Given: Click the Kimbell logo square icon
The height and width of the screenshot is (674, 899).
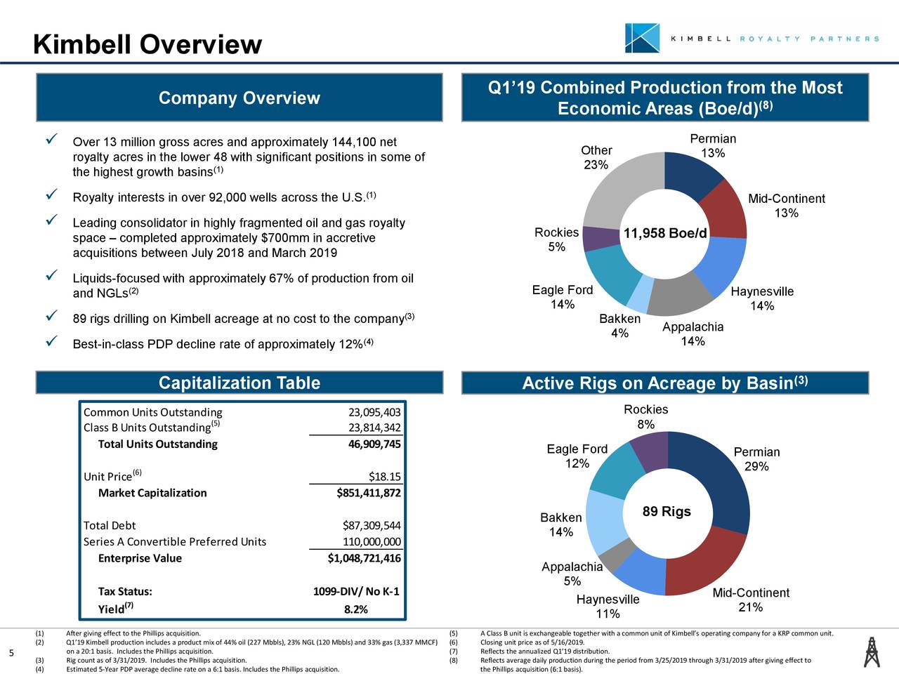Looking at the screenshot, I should [x=642, y=38].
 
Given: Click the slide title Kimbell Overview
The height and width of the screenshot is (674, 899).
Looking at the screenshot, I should [x=147, y=45].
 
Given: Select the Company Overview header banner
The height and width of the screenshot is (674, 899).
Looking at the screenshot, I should [x=239, y=98].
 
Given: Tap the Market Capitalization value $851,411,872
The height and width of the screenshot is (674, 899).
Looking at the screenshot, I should [x=369, y=493].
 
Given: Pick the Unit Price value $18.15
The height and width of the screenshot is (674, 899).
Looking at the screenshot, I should [x=384, y=477].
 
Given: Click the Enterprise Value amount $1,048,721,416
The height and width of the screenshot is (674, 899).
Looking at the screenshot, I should [x=364, y=559].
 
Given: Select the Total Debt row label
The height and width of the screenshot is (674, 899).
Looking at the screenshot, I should [x=110, y=526].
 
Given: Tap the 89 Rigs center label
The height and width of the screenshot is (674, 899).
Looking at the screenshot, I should [x=667, y=511].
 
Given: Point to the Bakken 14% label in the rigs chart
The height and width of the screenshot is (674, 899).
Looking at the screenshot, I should [x=560, y=525].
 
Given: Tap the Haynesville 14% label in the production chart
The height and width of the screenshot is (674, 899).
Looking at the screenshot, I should [x=762, y=299].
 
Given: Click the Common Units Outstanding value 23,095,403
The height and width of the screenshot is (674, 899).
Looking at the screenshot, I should [x=374, y=412].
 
